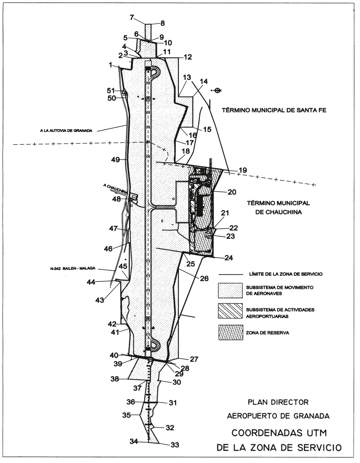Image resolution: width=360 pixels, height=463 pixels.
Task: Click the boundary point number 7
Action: pos(132,17)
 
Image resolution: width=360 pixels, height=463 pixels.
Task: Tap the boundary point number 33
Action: pos(174,445)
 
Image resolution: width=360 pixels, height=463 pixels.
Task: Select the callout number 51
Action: pos(111,90)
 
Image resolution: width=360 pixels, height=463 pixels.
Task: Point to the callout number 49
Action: pos(116,160)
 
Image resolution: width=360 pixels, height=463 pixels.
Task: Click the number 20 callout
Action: pos(232,192)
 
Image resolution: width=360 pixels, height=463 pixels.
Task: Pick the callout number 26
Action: pos(204,278)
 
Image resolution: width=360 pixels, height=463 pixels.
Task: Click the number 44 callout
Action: pos(91,282)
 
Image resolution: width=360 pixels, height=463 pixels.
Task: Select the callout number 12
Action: pos(188,57)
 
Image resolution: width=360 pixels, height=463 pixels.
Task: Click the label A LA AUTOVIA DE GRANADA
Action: pos(66,131)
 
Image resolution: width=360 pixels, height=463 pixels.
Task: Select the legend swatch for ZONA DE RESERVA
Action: pos(231,332)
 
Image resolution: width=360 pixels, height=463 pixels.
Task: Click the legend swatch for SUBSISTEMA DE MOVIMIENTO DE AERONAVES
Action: pos(230,290)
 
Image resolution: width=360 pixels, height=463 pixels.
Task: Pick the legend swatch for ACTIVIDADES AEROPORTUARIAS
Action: pos(230,311)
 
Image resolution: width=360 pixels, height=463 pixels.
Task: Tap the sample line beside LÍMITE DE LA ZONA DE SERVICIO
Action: pos(231,274)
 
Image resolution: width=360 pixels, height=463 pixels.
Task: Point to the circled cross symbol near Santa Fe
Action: pos(217,91)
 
